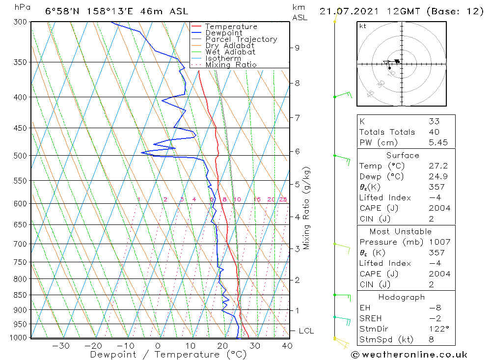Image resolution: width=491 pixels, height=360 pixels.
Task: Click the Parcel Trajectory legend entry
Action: click(x=241, y=39)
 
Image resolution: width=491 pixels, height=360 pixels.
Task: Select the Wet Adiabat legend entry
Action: click(x=230, y=52)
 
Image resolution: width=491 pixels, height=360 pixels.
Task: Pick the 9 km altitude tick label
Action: click(x=297, y=48)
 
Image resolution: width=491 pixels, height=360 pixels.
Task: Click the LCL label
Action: click(x=306, y=331)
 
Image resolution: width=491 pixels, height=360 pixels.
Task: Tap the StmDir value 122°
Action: click(x=438, y=329)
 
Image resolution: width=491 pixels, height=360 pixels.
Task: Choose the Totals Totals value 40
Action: click(x=434, y=132)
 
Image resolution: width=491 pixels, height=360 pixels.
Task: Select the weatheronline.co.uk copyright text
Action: click(x=409, y=355)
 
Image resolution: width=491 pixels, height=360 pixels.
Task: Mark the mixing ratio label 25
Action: click(x=283, y=199)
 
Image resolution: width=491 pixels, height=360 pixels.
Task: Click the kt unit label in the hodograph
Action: click(x=363, y=26)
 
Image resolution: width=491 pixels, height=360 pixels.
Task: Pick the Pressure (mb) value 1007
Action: click(x=438, y=242)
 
